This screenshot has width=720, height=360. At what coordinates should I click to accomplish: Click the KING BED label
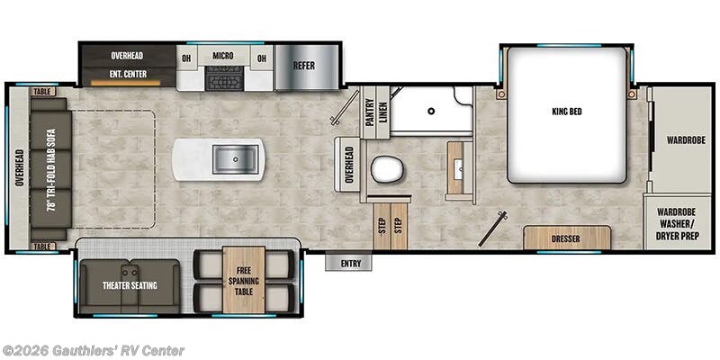pyautogui.click(x=565, y=112)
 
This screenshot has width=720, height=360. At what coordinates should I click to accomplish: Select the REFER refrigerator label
pyautogui.click(x=303, y=66)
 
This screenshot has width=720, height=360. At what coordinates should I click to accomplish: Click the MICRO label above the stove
pyautogui.click(x=223, y=57)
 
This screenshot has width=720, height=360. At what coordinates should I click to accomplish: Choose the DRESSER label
pyautogui.click(x=566, y=239)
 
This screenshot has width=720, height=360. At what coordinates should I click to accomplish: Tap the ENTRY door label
pyautogui.click(x=349, y=264)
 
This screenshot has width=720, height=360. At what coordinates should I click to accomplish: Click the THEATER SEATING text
pyautogui.click(x=130, y=286)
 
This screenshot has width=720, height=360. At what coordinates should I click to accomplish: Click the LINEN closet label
pyautogui.click(x=383, y=112)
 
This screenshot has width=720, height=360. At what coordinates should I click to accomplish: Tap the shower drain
pyautogui.click(x=432, y=112)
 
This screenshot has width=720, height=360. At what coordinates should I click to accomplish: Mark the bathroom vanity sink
pyautogui.click(x=460, y=166)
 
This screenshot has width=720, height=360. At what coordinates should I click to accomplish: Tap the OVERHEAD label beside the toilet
pyautogui.click(x=350, y=165)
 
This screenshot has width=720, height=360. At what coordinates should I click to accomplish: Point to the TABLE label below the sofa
pyautogui.click(x=42, y=246)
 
